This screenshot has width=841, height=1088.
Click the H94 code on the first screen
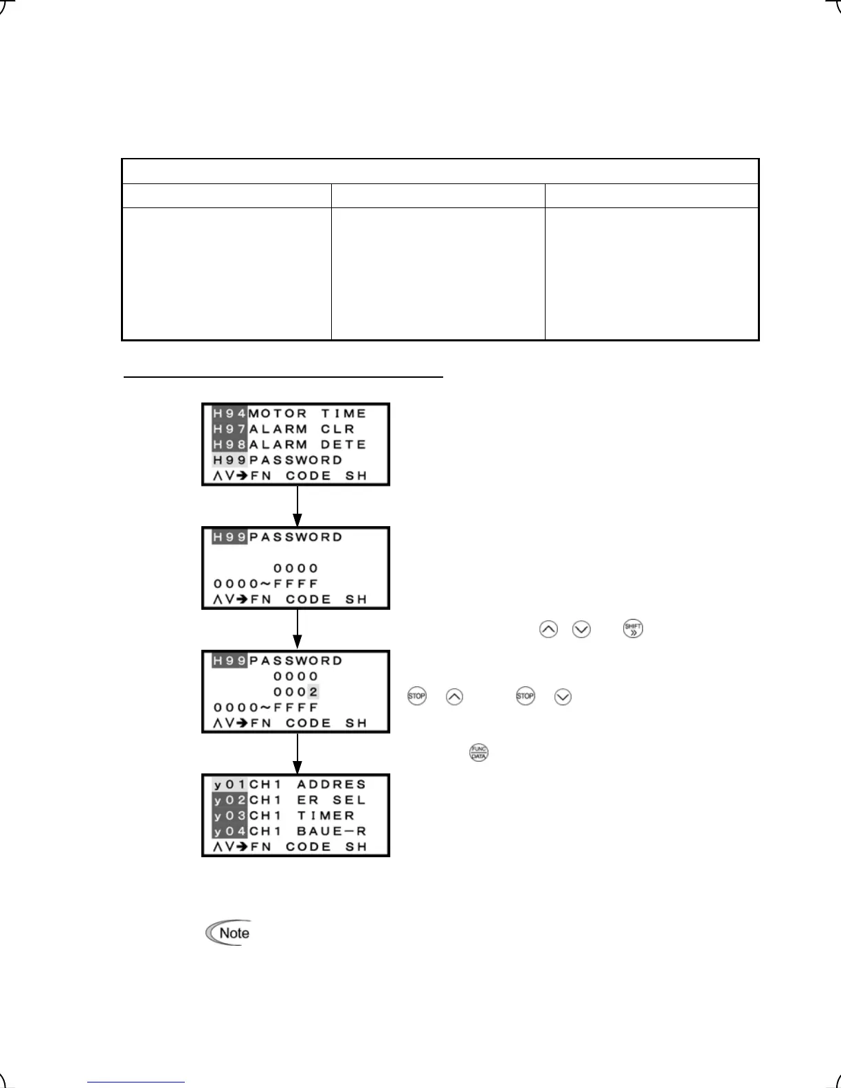pos(229,413)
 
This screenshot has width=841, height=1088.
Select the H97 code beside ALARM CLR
pos(229,429)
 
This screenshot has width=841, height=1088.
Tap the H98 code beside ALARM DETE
pos(229,444)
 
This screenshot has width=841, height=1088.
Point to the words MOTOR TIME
pos(307,413)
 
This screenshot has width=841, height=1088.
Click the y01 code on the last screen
pos(229,784)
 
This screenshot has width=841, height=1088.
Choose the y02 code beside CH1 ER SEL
pos(229,800)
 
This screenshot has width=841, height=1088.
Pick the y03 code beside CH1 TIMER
pos(229,815)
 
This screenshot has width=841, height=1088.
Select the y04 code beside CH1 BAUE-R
pos(229,831)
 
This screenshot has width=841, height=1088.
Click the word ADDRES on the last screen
pos(331,784)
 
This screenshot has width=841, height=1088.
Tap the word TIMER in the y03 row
pos(325,815)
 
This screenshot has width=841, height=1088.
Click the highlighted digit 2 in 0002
pos(313,692)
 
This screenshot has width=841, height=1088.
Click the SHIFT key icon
pos(633,628)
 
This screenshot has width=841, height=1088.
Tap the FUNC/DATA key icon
pos(478,752)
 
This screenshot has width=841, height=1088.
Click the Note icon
pos(229,933)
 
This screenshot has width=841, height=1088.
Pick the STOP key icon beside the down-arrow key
pos(525,696)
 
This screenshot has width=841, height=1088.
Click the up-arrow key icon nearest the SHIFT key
pos(548,629)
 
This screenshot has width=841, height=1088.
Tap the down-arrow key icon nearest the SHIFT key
pos(581,629)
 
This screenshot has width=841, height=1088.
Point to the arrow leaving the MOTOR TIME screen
pos(297,506)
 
